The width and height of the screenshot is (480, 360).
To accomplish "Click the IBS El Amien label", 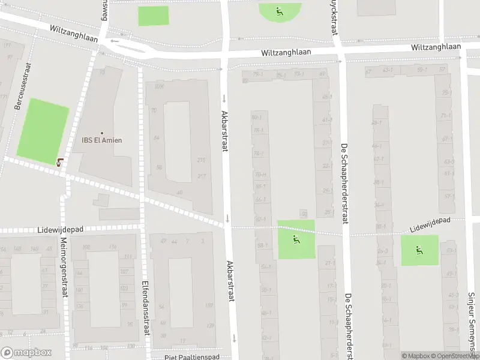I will click(102, 140).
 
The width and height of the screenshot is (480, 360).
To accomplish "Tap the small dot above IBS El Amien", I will click(102, 133).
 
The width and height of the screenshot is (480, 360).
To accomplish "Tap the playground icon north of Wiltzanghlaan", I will click(279, 11).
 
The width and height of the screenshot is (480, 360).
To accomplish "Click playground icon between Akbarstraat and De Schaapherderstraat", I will click(296, 239).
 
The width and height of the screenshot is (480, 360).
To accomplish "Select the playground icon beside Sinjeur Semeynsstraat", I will click(419, 250).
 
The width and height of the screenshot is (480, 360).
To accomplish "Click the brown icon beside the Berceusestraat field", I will click(59, 161).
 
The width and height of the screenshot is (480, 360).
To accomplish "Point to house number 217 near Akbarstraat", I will click(201, 175).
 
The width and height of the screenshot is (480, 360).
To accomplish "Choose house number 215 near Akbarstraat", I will click(201, 160).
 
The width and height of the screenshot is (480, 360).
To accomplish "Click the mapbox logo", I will click(26, 353).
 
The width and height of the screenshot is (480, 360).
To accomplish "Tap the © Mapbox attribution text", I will click(416, 356).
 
